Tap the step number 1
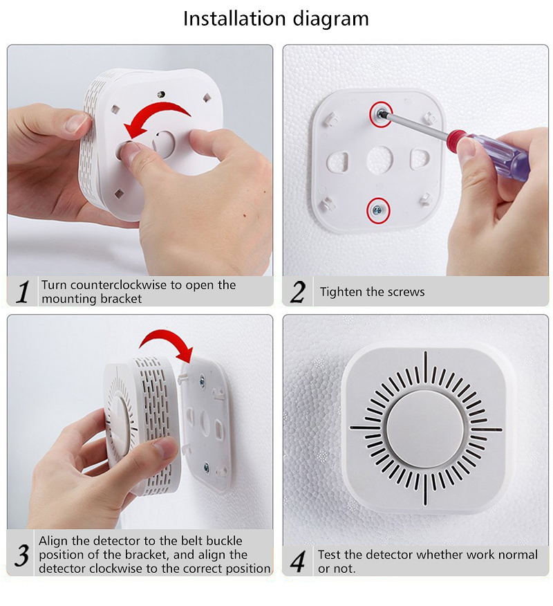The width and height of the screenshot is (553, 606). [22, 292]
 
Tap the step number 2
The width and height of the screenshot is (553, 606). [297, 292]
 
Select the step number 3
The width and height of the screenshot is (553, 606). [22, 555]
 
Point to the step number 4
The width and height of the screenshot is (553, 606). [297, 561]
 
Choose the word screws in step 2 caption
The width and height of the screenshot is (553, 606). [407, 292]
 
